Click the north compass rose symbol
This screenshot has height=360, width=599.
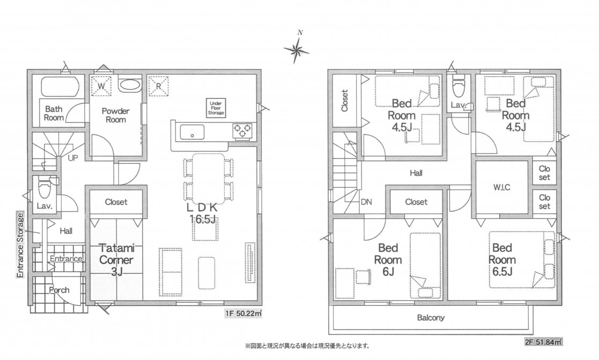[x=297, y=49]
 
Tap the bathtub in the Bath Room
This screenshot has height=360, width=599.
[x=60, y=87]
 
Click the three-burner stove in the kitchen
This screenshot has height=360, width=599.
[x=242, y=131]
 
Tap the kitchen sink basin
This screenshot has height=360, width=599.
[x=192, y=132]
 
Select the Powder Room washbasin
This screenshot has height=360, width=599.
[x=130, y=85]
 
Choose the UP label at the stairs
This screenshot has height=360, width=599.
[x=72, y=158]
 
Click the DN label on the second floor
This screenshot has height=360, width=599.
[x=366, y=202]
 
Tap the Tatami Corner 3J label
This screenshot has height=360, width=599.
[x=116, y=260]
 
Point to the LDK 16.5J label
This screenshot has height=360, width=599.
[x=203, y=213]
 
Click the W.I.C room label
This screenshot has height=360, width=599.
[x=501, y=188]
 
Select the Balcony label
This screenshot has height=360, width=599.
[x=431, y=318]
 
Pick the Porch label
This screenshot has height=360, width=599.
[x=59, y=290]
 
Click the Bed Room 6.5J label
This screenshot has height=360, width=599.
[x=502, y=260]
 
